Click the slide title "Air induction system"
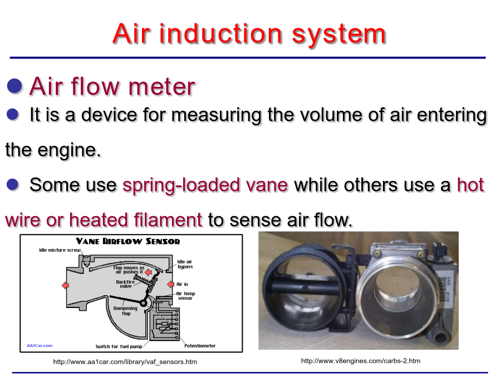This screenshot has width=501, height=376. (x=249, y=34)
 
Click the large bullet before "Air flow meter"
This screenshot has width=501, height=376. (x=14, y=86)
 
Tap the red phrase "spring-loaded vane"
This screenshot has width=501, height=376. (x=205, y=185)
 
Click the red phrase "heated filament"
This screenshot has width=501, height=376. (x=136, y=220)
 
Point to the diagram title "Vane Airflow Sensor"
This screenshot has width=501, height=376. (x=128, y=241)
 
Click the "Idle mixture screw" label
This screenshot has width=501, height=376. (x=60, y=250)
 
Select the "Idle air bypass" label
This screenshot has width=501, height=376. (x=185, y=264)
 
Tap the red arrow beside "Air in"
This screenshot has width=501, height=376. (x=171, y=284)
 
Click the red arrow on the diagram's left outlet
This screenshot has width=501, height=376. (x=65, y=285)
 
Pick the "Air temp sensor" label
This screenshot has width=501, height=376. (x=185, y=296)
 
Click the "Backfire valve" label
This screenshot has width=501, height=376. (x=125, y=284)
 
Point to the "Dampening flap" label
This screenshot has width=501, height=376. (x=125, y=311)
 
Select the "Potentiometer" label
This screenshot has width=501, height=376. (x=200, y=345)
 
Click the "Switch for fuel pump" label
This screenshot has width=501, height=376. (x=119, y=346)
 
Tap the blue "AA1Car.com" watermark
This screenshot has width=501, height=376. (x=40, y=345)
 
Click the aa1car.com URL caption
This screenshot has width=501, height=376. (x=125, y=362)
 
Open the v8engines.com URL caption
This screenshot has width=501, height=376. (x=360, y=360)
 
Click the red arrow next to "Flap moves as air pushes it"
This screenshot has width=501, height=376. (x=148, y=272)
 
